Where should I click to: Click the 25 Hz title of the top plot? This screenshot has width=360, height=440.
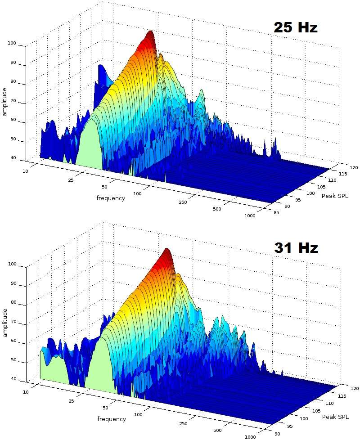(x=296, y=27)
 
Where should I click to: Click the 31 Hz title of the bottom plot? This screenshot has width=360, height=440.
(x=296, y=247)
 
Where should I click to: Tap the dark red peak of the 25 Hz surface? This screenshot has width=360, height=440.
(x=150, y=34)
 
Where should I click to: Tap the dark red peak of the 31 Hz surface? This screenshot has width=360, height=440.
(x=167, y=251)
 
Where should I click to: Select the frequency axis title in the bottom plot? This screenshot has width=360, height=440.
(x=112, y=419)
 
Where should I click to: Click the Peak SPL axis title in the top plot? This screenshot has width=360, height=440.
(x=335, y=196)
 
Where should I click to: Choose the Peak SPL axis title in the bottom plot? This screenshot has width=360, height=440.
(x=335, y=417)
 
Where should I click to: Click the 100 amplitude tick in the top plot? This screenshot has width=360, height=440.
(x=12, y=44)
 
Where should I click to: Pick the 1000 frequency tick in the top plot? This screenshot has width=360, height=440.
(x=250, y=216)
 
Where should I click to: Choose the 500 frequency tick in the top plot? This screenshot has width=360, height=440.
(x=217, y=209)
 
